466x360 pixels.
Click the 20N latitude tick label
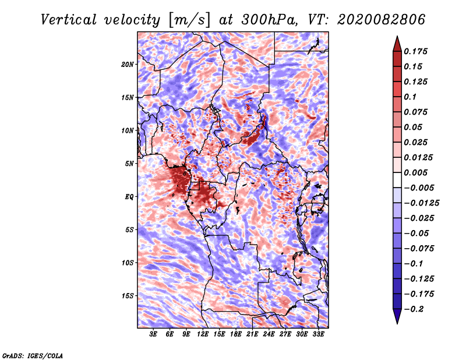coord(128,64)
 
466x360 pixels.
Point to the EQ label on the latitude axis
coord(129,196)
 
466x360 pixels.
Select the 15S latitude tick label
coord(128,295)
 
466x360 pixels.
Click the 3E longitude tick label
coord(153,334)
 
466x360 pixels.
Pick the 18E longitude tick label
coord(236,334)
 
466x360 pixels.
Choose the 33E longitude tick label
coord(319,334)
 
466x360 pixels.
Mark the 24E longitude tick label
coord(269,334)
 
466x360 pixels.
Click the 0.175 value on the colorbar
coord(416,51)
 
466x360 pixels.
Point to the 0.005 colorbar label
coord(416,172)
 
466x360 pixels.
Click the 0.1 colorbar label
coord(410,97)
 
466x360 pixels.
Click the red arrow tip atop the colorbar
coord(397,42)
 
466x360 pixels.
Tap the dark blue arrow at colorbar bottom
coord(397,317)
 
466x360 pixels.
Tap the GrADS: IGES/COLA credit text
coord(33,355)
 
